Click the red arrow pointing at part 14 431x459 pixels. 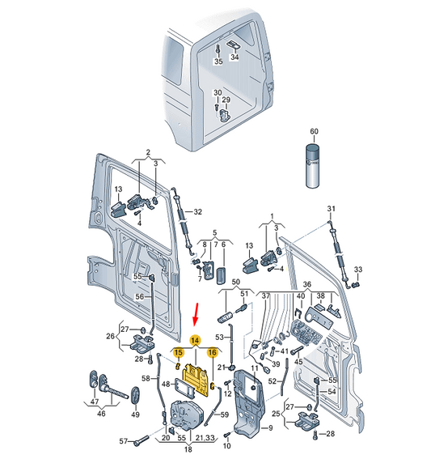pyautogui.click(x=196, y=314)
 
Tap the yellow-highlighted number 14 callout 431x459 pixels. pyautogui.click(x=196, y=341)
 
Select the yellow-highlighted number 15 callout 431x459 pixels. pyautogui.click(x=179, y=353)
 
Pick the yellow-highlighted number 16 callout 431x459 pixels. pyautogui.click(x=213, y=352)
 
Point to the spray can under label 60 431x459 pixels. pyautogui.click(x=314, y=166)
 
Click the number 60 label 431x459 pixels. pyautogui.click(x=314, y=131)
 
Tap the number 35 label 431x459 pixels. pyautogui.click(x=218, y=62)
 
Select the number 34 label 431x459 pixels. pyautogui.click(x=235, y=57)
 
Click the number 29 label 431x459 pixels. pyautogui.click(x=226, y=100)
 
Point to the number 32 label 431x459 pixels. pyautogui.click(x=198, y=211)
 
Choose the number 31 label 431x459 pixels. pyautogui.click(x=331, y=209)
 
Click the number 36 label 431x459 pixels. pyautogui.click(x=307, y=284)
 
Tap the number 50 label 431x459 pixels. pyautogui.click(x=235, y=282)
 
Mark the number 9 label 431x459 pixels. pyautogui.click(x=270, y=428)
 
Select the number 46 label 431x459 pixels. pyautogui.click(x=101, y=414)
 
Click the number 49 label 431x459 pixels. pyautogui.click(x=135, y=414)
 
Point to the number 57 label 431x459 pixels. pyautogui.click(x=124, y=441)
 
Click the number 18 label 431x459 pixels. pyautogui.click(x=188, y=448)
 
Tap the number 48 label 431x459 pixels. pyautogui.click(x=166, y=384)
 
